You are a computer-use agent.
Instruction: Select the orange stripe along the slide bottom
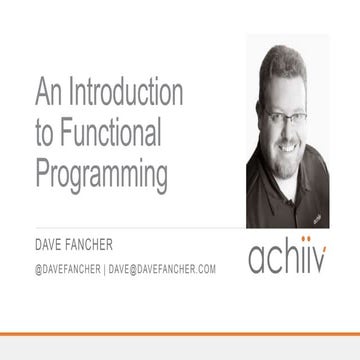coord(180,333)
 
